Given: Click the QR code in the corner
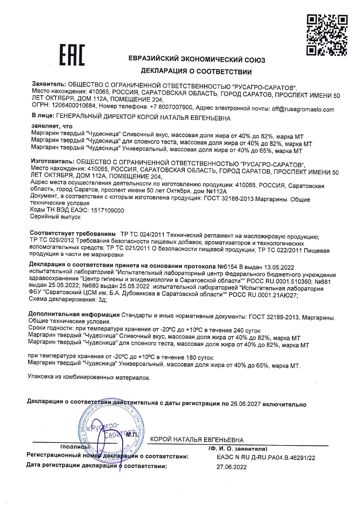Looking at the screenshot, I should [327, 35].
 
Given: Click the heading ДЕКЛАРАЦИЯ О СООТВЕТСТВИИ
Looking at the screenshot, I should [196, 71].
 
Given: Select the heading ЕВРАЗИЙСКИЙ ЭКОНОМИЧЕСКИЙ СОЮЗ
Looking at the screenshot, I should [197, 60].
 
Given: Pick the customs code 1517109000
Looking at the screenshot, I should [107, 210].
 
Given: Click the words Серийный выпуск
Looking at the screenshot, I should [55, 217].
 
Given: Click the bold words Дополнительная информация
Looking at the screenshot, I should [74, 315].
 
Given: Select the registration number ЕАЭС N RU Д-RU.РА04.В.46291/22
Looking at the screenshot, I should [266, 458].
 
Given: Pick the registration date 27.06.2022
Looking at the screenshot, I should [231, 467].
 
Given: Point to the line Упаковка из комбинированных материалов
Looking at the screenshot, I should [89, 378].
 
